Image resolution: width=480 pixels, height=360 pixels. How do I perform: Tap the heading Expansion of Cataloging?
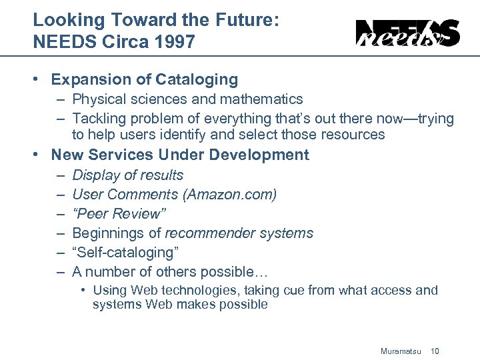[145, 80]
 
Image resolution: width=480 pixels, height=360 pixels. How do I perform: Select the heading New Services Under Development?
[180, 155]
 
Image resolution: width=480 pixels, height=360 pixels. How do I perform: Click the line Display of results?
[127, 175]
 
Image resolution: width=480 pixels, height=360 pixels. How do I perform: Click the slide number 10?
[435, 351]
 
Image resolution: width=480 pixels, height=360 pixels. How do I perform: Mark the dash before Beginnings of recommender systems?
[60, 233]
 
